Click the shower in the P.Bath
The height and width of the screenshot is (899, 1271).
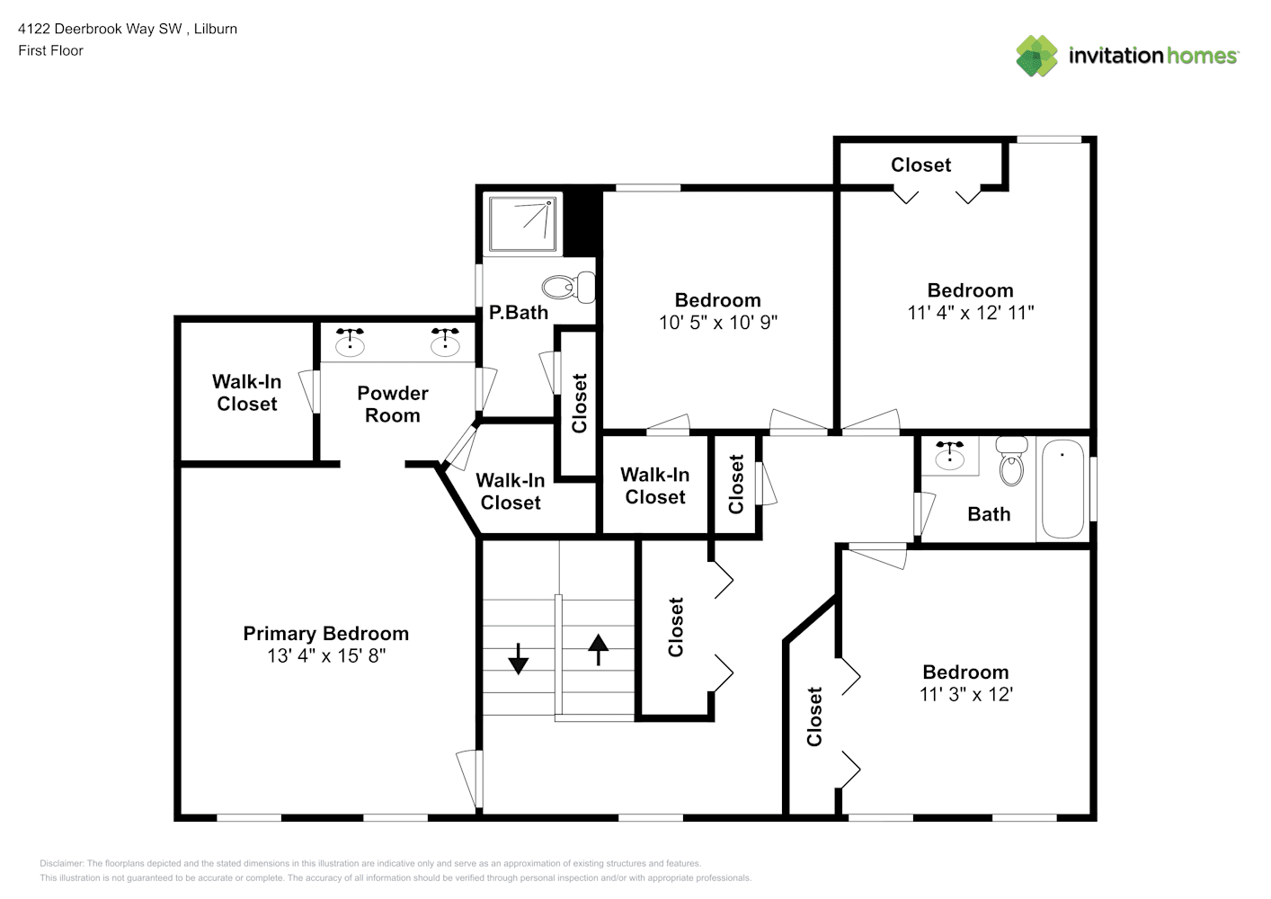523,224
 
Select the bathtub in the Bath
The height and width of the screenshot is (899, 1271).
1062,488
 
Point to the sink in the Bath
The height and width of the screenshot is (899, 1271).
949,456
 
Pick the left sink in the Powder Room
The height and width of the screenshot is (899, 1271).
350,343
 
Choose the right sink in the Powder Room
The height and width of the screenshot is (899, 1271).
444,343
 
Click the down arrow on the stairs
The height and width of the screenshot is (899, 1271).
519,658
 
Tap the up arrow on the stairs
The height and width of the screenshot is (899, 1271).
598,648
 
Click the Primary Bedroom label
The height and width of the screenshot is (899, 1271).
325,634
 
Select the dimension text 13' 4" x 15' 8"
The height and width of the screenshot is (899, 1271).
325,656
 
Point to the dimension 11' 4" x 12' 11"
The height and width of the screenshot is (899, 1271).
970,313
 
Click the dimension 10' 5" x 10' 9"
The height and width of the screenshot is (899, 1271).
717,323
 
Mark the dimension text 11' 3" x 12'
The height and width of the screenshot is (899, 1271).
965,695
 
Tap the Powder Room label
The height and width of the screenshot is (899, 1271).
393,405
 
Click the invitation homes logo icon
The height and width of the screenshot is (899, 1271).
1036,56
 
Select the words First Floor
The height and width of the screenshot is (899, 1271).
50,51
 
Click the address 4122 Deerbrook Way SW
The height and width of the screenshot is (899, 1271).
100,29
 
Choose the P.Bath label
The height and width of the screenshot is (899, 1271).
518,313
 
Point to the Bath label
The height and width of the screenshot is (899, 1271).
989,514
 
